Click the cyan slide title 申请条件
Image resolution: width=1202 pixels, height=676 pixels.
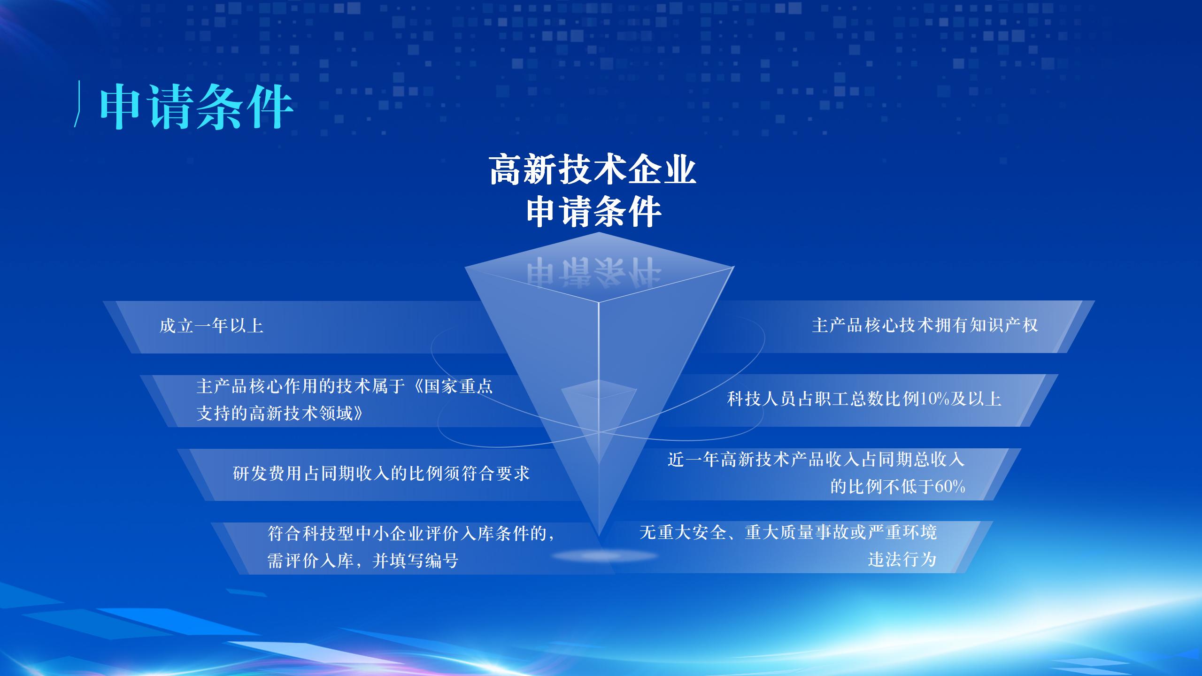point(196,107)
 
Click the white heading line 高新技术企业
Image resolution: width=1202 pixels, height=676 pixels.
point(593,170)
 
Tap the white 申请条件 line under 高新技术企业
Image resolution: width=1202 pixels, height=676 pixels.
point(594,212)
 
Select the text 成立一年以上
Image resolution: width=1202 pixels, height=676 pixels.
point(211,326)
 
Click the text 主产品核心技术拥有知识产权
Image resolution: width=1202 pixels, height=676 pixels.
point(925,325)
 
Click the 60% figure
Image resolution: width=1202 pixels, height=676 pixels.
point(950,486)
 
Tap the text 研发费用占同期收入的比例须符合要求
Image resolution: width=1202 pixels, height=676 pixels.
point(381,473)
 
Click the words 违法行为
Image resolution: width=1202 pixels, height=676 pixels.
point(902,559)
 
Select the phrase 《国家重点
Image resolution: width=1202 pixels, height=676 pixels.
point(451,386)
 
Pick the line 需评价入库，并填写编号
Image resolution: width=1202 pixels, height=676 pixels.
point(362,561)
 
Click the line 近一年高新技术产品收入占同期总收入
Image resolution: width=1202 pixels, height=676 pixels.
point(816,459)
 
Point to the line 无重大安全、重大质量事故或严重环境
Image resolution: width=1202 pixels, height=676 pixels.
point(788,532)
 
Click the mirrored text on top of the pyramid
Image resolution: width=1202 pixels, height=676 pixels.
point(593,271)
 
